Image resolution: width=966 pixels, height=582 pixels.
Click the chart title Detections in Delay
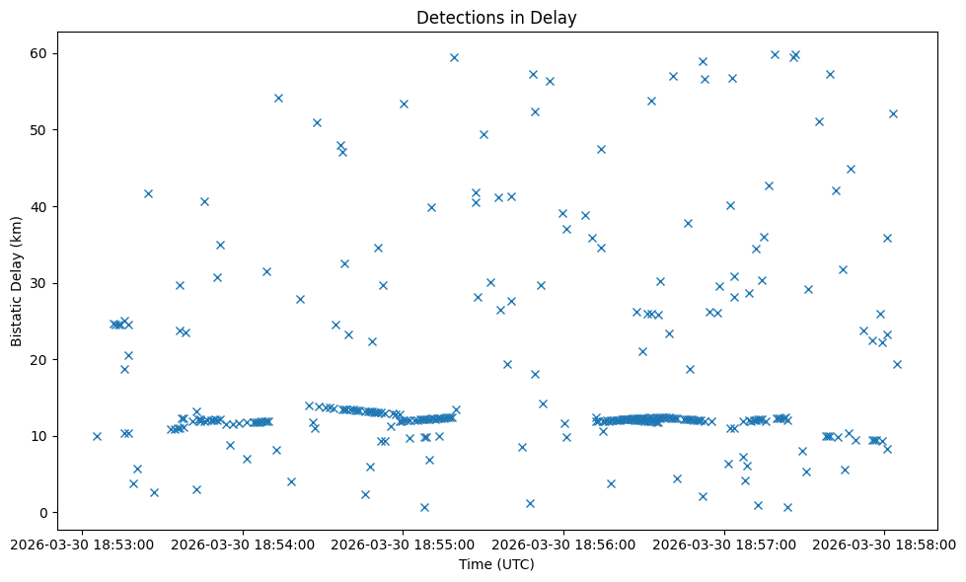coord(496,17)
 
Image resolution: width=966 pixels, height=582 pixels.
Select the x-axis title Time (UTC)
coord(496,564)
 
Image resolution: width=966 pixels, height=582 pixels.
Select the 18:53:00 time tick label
coord(82,544)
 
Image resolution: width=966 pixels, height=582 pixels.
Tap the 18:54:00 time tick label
coord(243,544)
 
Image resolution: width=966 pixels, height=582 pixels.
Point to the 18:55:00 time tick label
coord(404,544)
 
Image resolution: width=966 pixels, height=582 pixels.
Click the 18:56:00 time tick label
coord(564,544)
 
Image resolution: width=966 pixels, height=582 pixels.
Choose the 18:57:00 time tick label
coord(725,544)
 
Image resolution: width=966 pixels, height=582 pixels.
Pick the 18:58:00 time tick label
coord(885,544)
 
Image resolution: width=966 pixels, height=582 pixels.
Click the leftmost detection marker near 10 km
coord(97,436)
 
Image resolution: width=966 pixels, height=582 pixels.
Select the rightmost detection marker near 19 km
coord(897,364)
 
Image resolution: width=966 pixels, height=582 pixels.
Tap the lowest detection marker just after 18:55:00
coord(424,507)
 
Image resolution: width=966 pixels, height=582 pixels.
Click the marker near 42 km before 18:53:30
coord(148,193)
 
